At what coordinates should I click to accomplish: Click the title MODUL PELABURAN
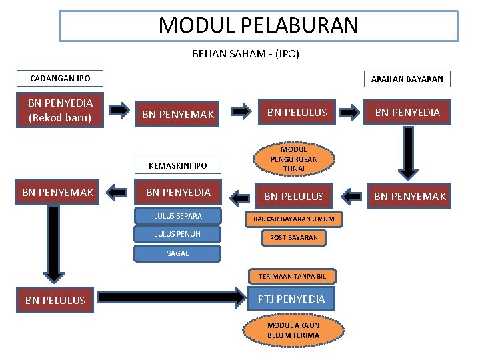pyautogui.click(x=259, y=25)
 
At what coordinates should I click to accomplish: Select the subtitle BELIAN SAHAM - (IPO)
pyautogui.click(x=245, y=54)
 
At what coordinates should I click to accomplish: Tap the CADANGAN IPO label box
pyautogui.click(x=60, y=79)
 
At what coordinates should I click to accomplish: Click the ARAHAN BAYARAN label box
pyautogui.click(x=407, y=79)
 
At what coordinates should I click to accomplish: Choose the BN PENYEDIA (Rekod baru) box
pyautogui.click(x=60, y=111)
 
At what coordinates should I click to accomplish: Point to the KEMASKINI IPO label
pyautogui.click(x=177, y=165)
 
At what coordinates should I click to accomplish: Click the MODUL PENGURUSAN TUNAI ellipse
pyautogui.click(x=293, y=159)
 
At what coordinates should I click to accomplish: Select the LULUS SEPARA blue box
pyautogui.click(x=177, y=216)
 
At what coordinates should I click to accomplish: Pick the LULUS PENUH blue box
pyautogui.click(x=177, y=233)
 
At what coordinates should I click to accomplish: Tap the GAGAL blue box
pyautogui.click(x=177, y=253)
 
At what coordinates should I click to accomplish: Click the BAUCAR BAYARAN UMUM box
pyautogui.click(x=293, y=219)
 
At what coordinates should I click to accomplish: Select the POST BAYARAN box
pyautogui.click(x=293, y=237)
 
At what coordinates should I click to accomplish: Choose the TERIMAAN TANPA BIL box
pyautogui.click(x=293, y=276)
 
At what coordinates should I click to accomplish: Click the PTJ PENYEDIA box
pyautogui.click(x=291, y=299)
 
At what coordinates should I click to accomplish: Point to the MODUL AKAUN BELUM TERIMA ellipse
pyautogui.click(x=293, y=330)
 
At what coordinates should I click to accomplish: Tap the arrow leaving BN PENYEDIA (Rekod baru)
pyautogui.click(x=120, y=110)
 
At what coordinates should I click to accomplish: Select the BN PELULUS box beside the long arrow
pyautogui.click(x=55, y=300)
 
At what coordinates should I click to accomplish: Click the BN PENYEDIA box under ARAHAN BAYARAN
pyautogui.click(x=407, y=112)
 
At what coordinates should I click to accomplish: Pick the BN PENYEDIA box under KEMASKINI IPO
pyautogui.click(x=178, y=193)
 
